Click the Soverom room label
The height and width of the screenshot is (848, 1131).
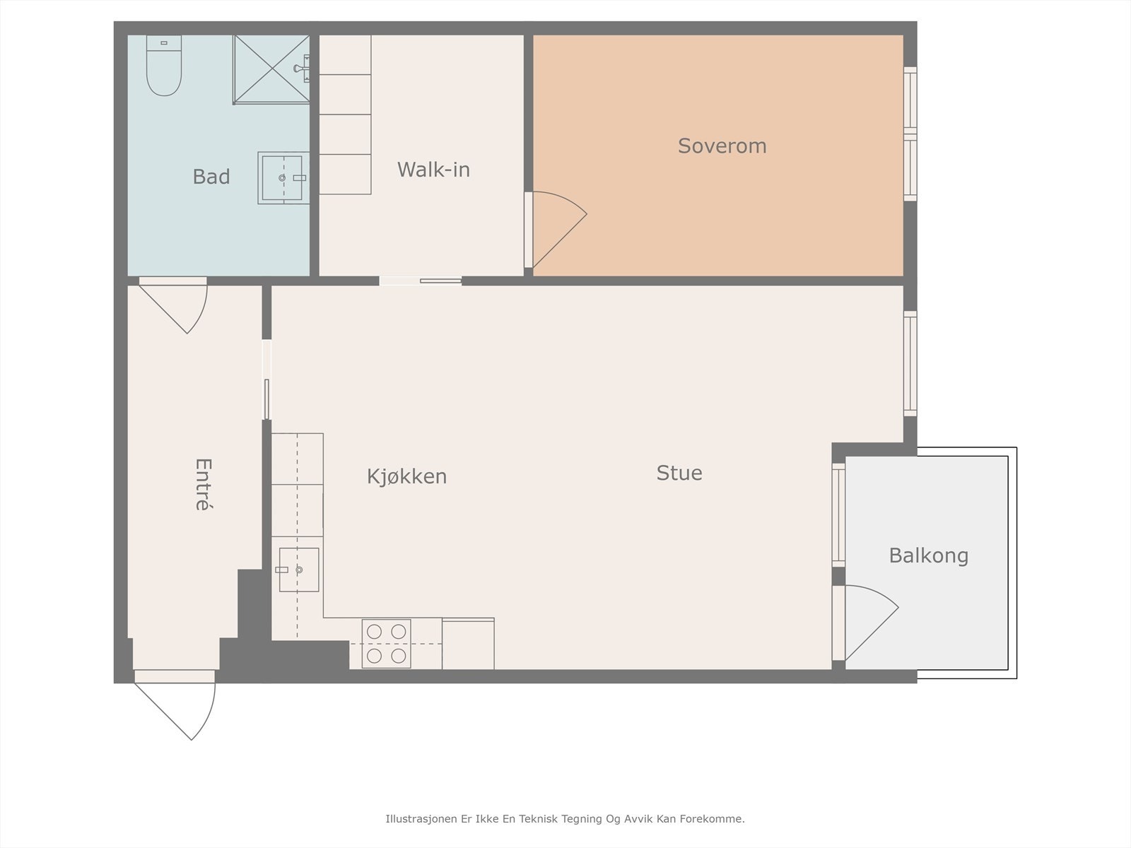pyautogui.click(x=722, y=146)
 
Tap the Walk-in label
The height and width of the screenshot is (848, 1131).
pyautogui.click(x=433, y=170)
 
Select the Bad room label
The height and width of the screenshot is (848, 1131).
pyautogui.click(x=211, y=177)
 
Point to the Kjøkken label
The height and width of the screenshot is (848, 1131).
pyautogui.click(x=406, y=477)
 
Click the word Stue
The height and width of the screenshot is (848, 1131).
pyautogui.click(x=679, y=473)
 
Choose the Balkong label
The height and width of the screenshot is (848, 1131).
pyautogui.click(x=929, y=556)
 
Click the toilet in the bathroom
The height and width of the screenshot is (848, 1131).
pyautogui.click(x=164, y=66)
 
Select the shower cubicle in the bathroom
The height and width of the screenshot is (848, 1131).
pyautogui.click(x=271, y=69)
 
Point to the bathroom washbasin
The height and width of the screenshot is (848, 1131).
pyautogui.click(x=284, y=177)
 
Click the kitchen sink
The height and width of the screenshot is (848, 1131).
pyautogui.click(x=299, y=570)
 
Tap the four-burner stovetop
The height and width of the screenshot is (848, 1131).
pyautogui.click(x=387, y=644)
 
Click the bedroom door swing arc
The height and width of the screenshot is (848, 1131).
pyautogui.click(x=560, y=230)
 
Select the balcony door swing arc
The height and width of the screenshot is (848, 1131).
pyautogui.click(x=872, y=623)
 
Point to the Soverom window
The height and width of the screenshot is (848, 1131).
pyautogui.click(x=910, y=134)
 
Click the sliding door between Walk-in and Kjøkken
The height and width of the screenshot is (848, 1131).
pyautogui.click(x=421, y=281)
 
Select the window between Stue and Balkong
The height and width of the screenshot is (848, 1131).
pyautogui.click(x=839, y=515)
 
